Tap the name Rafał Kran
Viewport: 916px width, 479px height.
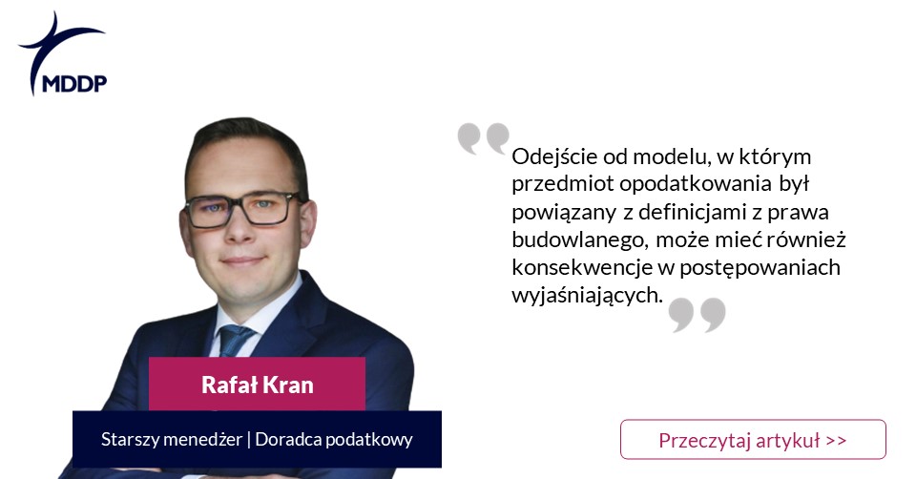click(x=257, y=385)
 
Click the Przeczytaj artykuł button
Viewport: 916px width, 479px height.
click(x=753, y=439)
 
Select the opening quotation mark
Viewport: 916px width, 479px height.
click(x=483, y=138)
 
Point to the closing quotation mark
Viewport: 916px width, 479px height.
click(x=697, y=315)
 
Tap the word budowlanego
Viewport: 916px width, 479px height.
click(x=581, y=240)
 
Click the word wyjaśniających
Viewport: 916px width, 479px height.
click(x=588, y=296)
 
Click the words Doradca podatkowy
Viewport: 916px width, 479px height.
click(x=334, y=439)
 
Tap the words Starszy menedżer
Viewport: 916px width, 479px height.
click(x=172, y=439)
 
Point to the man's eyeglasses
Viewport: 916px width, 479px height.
click(x=243, y=209)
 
